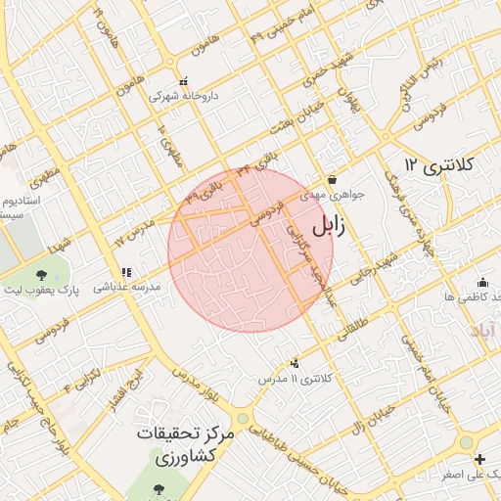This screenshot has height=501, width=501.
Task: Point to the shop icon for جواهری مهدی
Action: pos(334,180)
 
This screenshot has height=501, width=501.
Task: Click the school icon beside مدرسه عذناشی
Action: pos(125,273)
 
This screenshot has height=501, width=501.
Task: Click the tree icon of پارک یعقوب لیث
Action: pos(42,276)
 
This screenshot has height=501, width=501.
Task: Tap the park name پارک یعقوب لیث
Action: pos(44,292)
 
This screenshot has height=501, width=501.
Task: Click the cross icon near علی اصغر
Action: pos(478,459)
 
